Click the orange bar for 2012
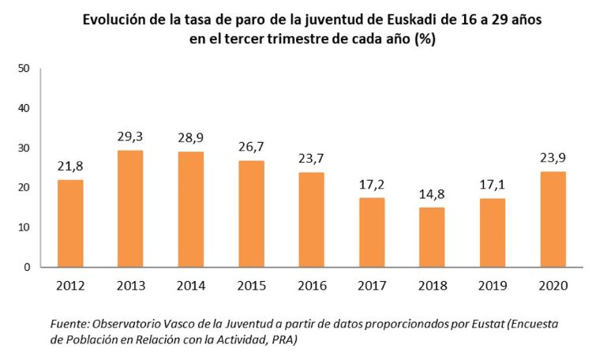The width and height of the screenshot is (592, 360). coord(70,223)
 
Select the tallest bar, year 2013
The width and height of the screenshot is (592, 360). coord(131,208)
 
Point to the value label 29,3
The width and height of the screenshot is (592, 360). coord(131,137)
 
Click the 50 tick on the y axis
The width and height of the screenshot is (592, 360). coord(23,69)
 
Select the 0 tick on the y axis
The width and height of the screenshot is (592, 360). coord(26,267)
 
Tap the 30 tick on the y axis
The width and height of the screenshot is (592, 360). coord(23,148)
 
